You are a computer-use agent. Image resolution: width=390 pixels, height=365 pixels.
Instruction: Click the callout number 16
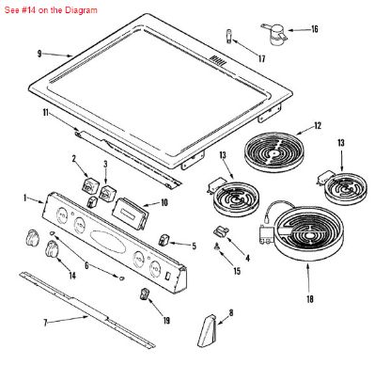point(315,29)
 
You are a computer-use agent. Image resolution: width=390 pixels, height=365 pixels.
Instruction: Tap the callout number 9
point(39,54)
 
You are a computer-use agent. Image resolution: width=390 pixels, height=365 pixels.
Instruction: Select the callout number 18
point(309,299)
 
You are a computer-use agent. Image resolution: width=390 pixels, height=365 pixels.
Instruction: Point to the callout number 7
point(45,323)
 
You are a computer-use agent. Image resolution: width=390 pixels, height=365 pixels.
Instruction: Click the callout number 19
point(166,320)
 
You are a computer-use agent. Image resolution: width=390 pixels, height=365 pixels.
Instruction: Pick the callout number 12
point(318,126)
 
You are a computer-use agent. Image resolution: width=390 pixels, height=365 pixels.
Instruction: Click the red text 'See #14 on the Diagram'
point(51,10)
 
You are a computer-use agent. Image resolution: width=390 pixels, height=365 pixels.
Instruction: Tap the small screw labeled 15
point(217,247)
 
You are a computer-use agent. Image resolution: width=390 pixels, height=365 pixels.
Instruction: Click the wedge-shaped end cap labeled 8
point(207,331)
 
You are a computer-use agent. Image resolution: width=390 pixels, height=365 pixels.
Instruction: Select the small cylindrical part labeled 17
point(228,37)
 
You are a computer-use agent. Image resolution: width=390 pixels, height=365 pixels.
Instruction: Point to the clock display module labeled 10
point(130,214)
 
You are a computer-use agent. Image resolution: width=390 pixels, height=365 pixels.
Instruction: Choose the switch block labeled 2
point(89,184)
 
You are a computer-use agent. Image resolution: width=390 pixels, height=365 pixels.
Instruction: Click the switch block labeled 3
point(107,192)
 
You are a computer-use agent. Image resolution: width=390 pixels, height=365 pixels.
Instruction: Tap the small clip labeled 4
point(221,231)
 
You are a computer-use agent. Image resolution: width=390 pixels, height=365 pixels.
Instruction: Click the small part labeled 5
point(164,240)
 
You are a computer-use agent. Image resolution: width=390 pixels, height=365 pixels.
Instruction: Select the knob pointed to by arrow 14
point(52,250)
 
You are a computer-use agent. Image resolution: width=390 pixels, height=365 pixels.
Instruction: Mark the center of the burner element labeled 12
point(273,153)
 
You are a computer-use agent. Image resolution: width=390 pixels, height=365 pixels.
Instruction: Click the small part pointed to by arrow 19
point(144,294)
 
